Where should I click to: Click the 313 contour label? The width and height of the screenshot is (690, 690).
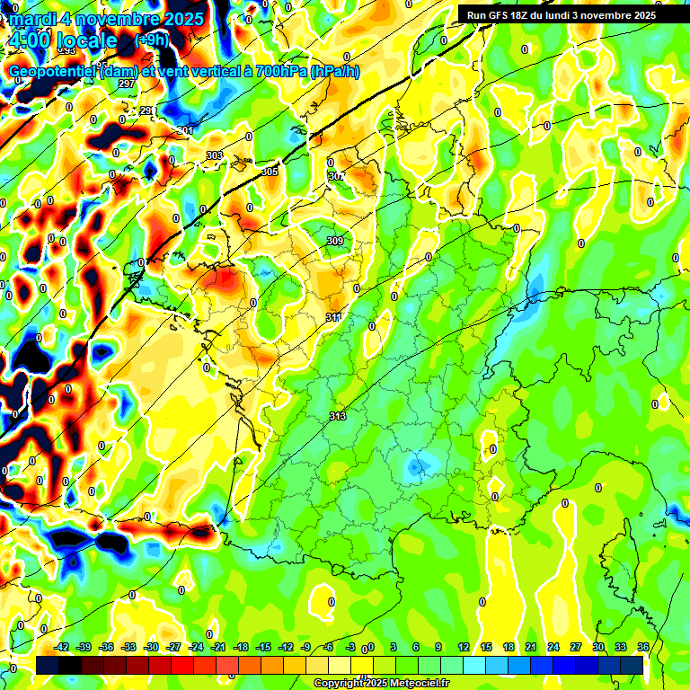point(338,416)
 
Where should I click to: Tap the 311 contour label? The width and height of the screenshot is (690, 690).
point(333,317)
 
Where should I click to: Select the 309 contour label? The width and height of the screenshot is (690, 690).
point(334,241)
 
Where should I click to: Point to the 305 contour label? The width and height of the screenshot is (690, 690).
point(270,172)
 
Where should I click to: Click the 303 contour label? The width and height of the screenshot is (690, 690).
point(214,155)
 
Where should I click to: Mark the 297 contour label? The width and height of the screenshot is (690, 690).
point(126,84)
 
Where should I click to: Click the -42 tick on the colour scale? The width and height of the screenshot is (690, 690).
point(62,647)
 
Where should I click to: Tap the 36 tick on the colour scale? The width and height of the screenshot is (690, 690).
point(643,647)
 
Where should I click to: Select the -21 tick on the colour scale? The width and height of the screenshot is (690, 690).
point(218,647)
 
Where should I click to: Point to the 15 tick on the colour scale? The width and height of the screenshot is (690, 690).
point(486,647)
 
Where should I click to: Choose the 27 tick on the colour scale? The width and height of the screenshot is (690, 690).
point(576,647)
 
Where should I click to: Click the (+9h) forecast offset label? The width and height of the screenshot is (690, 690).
point(150,40)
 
